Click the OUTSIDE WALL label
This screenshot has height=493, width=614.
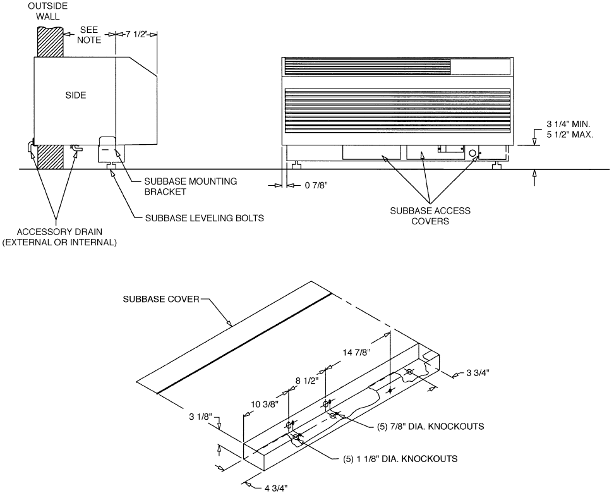coord(47,11)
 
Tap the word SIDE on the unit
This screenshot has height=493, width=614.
coord(76,95)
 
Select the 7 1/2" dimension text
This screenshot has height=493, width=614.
coord(136,34)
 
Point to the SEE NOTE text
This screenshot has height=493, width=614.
coord(89,35)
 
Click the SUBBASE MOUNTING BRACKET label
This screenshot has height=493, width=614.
coord(191,186)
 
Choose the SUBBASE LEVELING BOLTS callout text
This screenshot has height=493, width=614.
coord(205,218)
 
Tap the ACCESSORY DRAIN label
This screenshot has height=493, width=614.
coord(59,231)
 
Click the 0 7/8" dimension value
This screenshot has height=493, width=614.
coord(316,185)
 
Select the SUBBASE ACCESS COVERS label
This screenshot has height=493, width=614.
coord(430,216)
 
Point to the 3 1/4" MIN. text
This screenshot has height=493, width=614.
coord(568,125)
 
